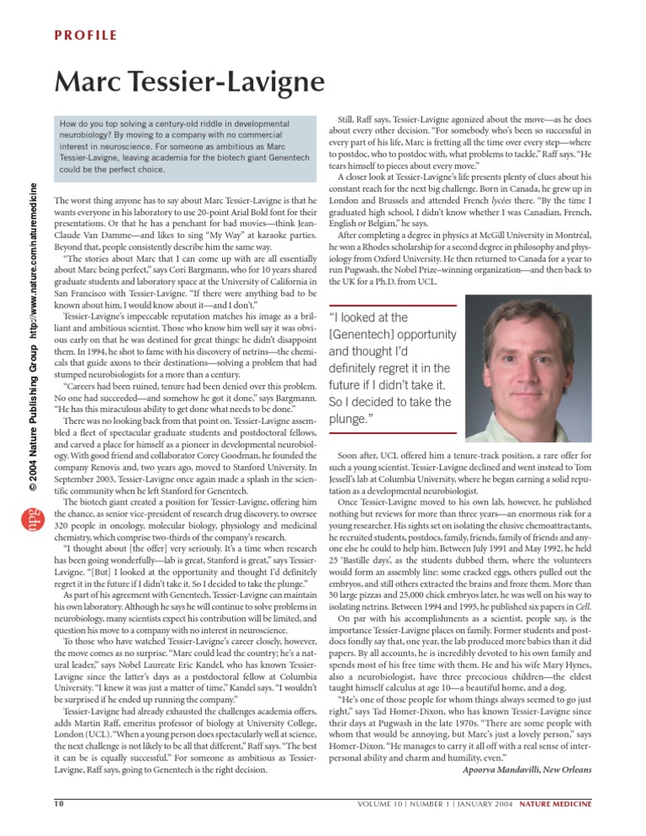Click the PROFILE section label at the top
click(86, 36)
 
